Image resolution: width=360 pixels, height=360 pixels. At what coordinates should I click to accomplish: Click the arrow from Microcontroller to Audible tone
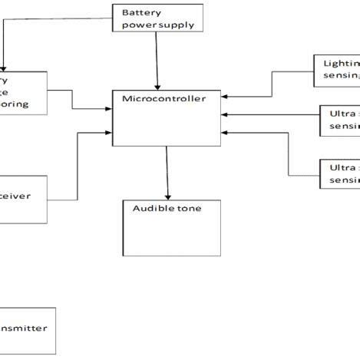167,173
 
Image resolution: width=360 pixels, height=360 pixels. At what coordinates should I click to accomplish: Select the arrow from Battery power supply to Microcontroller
157,61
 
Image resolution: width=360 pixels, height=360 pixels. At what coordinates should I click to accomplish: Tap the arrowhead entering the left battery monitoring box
5,68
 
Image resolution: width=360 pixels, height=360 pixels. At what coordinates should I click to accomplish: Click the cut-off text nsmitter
23,328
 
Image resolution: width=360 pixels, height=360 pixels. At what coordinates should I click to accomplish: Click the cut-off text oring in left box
17,104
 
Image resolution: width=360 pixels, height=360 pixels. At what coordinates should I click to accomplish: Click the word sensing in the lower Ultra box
344,180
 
